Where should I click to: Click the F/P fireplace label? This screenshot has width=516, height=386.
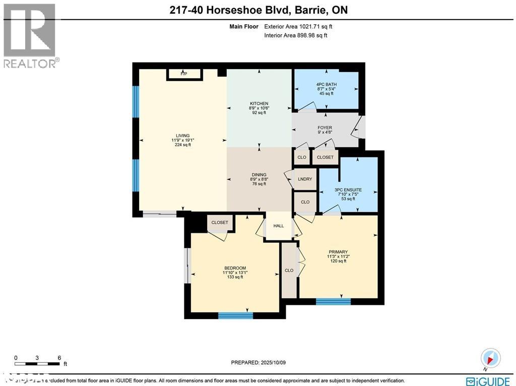coord(183,74)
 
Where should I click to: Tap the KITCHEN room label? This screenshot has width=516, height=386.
coord(259,103)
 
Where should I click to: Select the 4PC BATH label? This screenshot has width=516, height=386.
coord(327,84)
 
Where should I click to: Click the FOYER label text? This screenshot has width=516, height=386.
coord(325,127)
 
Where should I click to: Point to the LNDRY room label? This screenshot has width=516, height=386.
coord(305,179)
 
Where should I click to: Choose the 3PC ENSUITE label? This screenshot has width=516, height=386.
coord(348,190)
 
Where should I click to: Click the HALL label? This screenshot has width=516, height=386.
coord(279,226)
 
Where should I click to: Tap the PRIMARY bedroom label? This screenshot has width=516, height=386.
coord(338,252)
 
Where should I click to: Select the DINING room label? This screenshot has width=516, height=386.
coord(259,175)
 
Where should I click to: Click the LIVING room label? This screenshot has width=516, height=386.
coord(182,136)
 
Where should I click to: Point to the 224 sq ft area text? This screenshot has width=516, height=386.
coord(182,145)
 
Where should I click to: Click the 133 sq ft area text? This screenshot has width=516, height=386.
coord(235,277)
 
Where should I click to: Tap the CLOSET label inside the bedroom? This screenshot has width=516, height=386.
coord(220,222)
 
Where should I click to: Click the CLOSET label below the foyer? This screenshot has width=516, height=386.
coord(325,157)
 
